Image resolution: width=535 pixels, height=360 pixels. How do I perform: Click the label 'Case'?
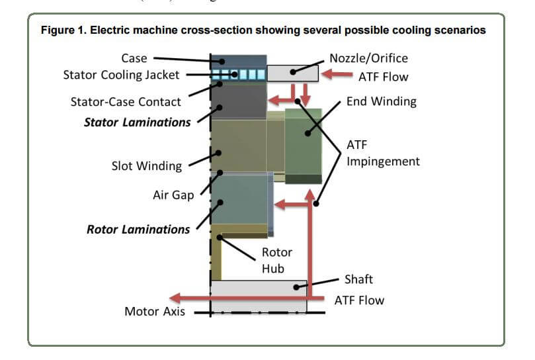point(134,58)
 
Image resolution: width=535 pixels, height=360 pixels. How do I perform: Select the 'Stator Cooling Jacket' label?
point(121,74)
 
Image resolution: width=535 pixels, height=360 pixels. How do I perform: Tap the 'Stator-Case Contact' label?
point(126,102)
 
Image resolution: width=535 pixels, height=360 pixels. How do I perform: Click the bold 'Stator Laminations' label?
point(138,122)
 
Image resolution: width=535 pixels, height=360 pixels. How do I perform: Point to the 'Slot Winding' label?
point(146,165)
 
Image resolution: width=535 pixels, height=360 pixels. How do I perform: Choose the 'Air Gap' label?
point(173,196)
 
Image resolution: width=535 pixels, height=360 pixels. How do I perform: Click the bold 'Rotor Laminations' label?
point(138,229)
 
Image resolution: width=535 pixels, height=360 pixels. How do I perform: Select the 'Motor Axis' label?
point(155,311)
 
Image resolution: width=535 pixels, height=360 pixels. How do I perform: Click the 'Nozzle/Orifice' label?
point(368,58)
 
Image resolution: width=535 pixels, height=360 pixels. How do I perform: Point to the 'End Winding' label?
point(382,101)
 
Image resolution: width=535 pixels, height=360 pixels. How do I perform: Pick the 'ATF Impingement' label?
point(383,153)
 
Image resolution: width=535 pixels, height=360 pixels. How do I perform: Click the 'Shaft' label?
point(358,279)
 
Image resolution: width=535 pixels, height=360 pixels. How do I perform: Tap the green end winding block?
point(304,146)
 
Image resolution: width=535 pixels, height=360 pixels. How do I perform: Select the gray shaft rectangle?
point(259,289)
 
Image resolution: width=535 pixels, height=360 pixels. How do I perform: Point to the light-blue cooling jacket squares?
point(242,74)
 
